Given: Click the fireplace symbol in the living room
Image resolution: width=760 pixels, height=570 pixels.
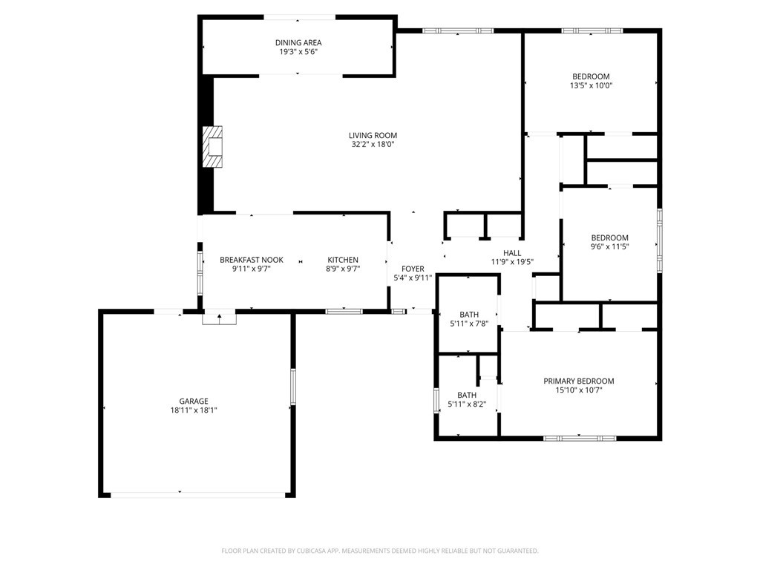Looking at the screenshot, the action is (x=212, y=147).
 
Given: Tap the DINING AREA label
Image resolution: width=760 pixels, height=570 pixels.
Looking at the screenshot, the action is (x=298, y=42).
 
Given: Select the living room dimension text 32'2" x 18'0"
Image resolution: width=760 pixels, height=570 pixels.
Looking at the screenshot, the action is (x=373, y=145).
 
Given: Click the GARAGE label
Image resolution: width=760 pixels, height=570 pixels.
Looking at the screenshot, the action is (x=194, y=402).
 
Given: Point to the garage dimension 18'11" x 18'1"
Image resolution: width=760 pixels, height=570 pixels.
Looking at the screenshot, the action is (x=194, y=410).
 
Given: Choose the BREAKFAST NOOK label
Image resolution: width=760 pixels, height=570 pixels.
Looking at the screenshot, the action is (x=252, y=260).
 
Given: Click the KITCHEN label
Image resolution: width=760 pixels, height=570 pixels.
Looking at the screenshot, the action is (x=343, y=260).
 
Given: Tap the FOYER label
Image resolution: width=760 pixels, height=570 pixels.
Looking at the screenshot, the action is (x=413, y=269).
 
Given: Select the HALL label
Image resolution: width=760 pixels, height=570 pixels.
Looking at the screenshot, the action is (x=512, y=253).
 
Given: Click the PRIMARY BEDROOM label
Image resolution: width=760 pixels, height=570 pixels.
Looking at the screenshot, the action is (x=579, y=381).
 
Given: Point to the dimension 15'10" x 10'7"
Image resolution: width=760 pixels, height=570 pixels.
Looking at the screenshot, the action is (x=579, y=390).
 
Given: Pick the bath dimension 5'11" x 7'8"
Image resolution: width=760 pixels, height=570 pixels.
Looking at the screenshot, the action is (x=469, y=324).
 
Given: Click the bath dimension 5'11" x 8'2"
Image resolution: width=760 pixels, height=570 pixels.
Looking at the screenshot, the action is (x=467, y=404).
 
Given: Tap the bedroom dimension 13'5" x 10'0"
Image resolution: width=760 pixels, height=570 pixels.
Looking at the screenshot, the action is (x=591, y=85).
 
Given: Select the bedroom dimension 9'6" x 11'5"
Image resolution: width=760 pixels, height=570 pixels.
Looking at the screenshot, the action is (x=610, y=246).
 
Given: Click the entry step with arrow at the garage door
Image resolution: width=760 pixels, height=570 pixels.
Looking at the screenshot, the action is (x=219, y=318).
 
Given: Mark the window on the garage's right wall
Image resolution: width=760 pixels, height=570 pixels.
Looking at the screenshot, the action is (x=292, y=386).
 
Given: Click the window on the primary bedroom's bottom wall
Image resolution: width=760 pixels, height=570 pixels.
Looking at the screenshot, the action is (x=580, y=438).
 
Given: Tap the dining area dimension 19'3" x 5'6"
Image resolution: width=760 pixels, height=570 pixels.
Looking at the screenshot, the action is (x=298, y=51).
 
